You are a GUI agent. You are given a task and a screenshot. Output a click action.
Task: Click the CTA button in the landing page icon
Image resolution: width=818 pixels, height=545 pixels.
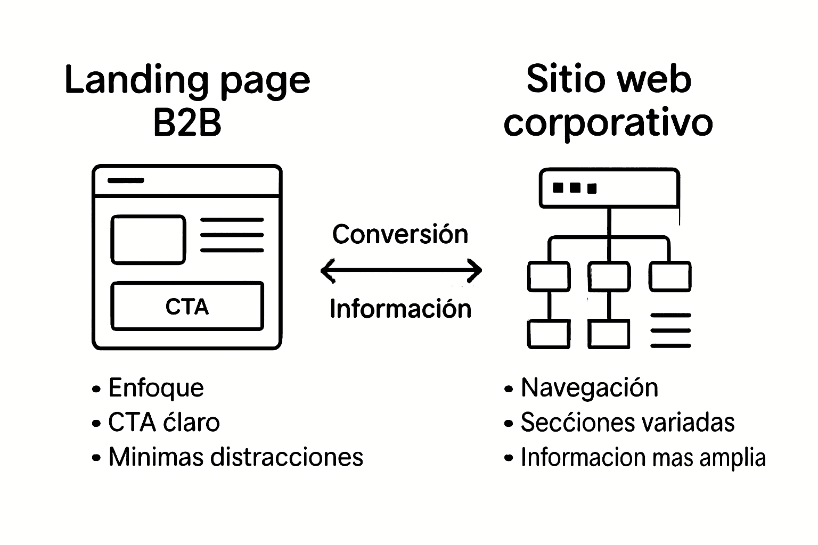(x=187, y=306)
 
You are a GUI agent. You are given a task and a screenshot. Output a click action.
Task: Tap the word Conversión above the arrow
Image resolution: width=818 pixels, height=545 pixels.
(x=400, y=234)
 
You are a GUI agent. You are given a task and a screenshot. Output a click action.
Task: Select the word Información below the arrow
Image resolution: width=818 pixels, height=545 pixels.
(x=400, y=309)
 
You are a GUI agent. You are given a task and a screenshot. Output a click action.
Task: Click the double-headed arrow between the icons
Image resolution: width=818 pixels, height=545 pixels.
(x=401, y=270)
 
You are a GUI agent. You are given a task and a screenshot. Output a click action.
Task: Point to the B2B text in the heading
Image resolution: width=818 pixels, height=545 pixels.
(x=187, y=123)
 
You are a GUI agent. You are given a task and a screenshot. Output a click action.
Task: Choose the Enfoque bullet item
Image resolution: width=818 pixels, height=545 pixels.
(x=156, y=387)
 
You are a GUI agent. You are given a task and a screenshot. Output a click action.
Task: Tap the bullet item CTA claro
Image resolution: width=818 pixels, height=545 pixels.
(x=163, y=423)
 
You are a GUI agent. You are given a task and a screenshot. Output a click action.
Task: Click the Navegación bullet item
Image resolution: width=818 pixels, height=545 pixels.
(x=589, y=387)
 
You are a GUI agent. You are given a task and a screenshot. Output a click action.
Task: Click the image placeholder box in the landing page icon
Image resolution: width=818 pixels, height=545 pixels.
(x=148, y=240)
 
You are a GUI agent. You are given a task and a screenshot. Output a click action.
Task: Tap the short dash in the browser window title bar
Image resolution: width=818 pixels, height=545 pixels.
(x=126, y=180)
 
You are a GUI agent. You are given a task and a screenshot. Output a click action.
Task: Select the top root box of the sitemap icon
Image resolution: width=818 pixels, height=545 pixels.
(x=609, y=187)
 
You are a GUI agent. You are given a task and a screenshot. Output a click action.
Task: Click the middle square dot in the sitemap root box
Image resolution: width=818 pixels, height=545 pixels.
(x=575, y=188)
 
